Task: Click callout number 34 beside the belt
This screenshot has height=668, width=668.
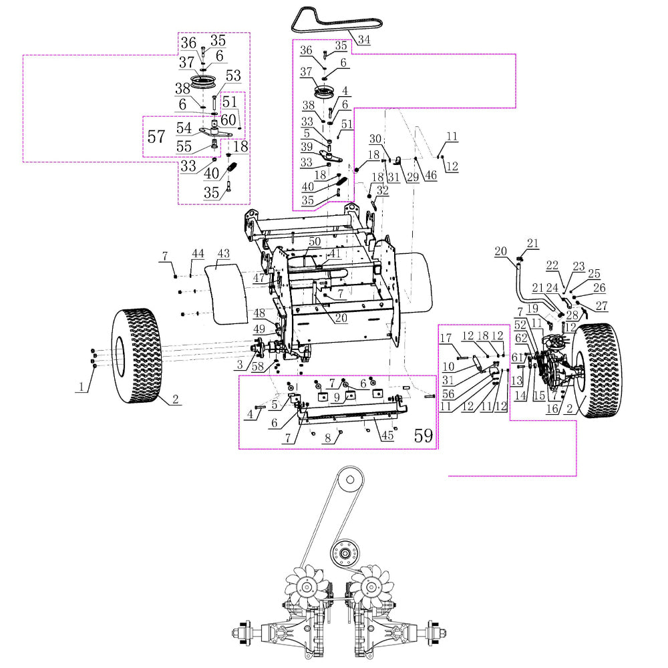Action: tap(363, 39)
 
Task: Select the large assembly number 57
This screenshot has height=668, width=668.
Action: tap(156, 137)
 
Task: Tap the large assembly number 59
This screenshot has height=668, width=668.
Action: tap(423, 436)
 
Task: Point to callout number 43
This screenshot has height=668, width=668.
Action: tap(223, 255)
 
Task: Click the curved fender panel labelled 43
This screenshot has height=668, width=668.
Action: tap(224, 291)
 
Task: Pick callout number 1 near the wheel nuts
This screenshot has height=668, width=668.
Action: tap(81, 387)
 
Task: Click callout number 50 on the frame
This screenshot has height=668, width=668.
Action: tap(314, 241)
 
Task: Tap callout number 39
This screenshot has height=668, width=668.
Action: tap(307, 146)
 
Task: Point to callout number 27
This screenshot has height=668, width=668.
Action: tap(603, 307)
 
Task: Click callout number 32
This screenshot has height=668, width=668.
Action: tap(382, 190)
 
